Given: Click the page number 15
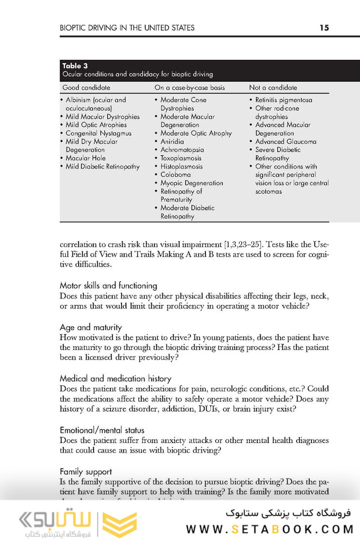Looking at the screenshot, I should (x=324, y=27).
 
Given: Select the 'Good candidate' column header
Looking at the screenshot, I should (x=86, y=87).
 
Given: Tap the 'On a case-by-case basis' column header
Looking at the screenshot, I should (x=189, y=87).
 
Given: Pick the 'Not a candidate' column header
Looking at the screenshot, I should (x=273, y=87).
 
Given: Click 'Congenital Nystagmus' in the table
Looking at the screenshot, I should (x=98, y=133).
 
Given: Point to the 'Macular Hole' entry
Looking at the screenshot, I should (x=86, y=158).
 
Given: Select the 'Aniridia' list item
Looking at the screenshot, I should (x=172, y=141).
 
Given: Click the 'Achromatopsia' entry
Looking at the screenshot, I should (x=182, y=149).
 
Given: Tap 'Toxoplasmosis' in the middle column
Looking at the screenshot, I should (x=181, y=158).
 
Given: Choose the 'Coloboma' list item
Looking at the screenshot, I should (x=175, y=174).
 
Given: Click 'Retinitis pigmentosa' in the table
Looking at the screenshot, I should (x=283, y=100).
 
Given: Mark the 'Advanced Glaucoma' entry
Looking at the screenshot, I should (x=285, y=141).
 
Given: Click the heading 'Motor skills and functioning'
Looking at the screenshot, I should (x=108, y=285).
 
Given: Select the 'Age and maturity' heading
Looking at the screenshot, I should (x=90, y=327).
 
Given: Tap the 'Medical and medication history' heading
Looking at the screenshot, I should (x=115, y=378).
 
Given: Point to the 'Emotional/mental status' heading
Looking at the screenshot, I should (x=102, y=430).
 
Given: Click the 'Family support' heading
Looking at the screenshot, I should (x=85, y=471).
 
